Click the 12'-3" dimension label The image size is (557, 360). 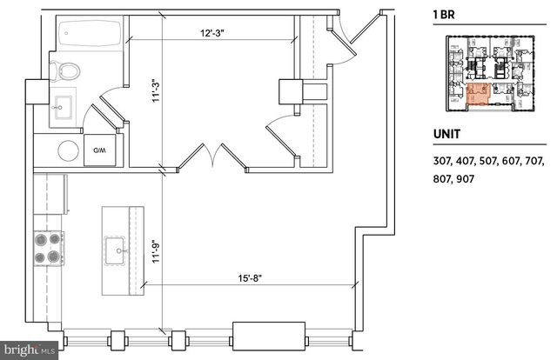pos(210,33)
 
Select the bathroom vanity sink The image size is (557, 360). pos(61,110)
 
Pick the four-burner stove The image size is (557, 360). pos(48,246)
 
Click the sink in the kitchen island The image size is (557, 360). pos(116,253)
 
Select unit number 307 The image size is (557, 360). pos(443,161)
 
